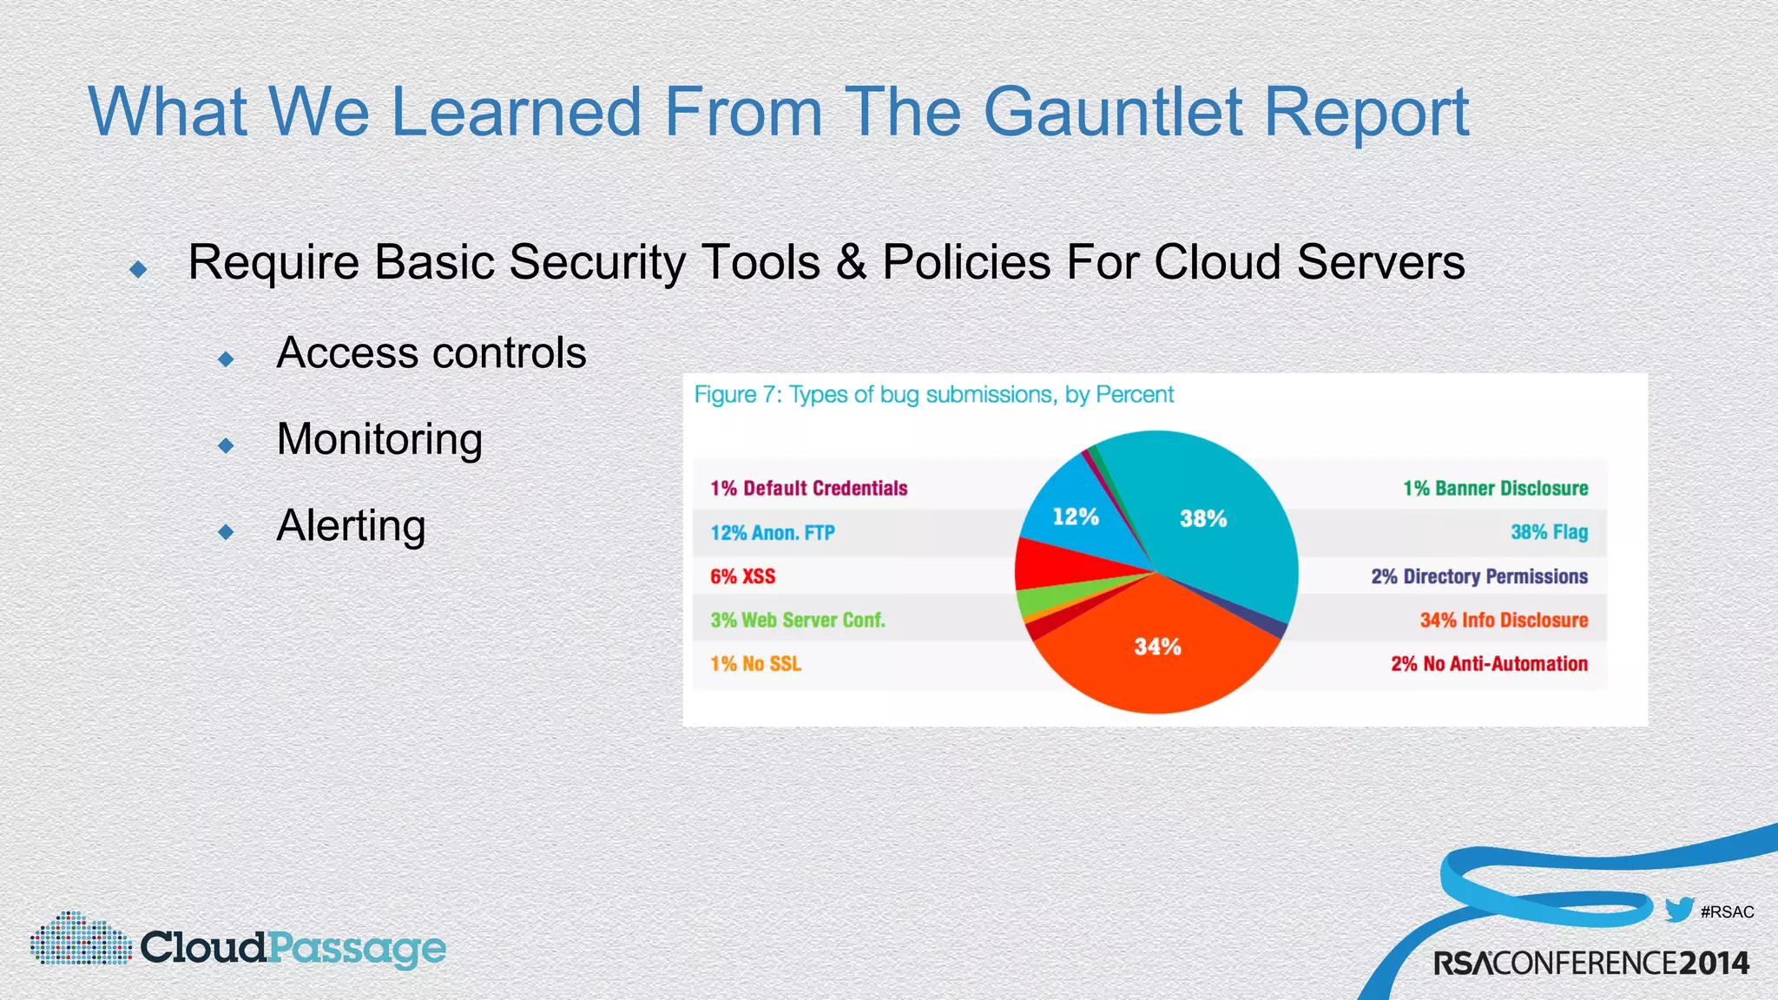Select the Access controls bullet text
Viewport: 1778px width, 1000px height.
point(431,353)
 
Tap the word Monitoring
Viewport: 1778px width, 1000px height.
point(379,439)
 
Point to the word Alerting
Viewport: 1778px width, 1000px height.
point(351,526)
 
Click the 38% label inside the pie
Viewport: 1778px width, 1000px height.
point(1203,519)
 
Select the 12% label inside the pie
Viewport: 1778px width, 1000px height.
point(1076,517)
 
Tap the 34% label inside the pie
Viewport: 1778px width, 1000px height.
point(1157,647)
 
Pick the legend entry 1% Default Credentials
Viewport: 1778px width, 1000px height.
point(808,489)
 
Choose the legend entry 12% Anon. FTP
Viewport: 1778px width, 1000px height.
point(772,533)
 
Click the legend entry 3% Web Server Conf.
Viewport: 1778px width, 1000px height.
point(797,621)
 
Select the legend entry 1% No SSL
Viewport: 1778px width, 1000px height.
point(755,664)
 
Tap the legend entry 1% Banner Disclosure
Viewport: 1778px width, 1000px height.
point(1495,489)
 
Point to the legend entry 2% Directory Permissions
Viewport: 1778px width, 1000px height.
point(1478,576)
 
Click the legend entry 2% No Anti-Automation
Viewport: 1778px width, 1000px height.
point(1489,664)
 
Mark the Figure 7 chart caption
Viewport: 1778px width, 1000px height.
point(933,395)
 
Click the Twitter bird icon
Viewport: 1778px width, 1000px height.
point(1679,910)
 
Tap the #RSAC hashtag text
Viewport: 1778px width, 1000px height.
point(1727,912)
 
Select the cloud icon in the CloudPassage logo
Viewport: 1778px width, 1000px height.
point(80,939)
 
